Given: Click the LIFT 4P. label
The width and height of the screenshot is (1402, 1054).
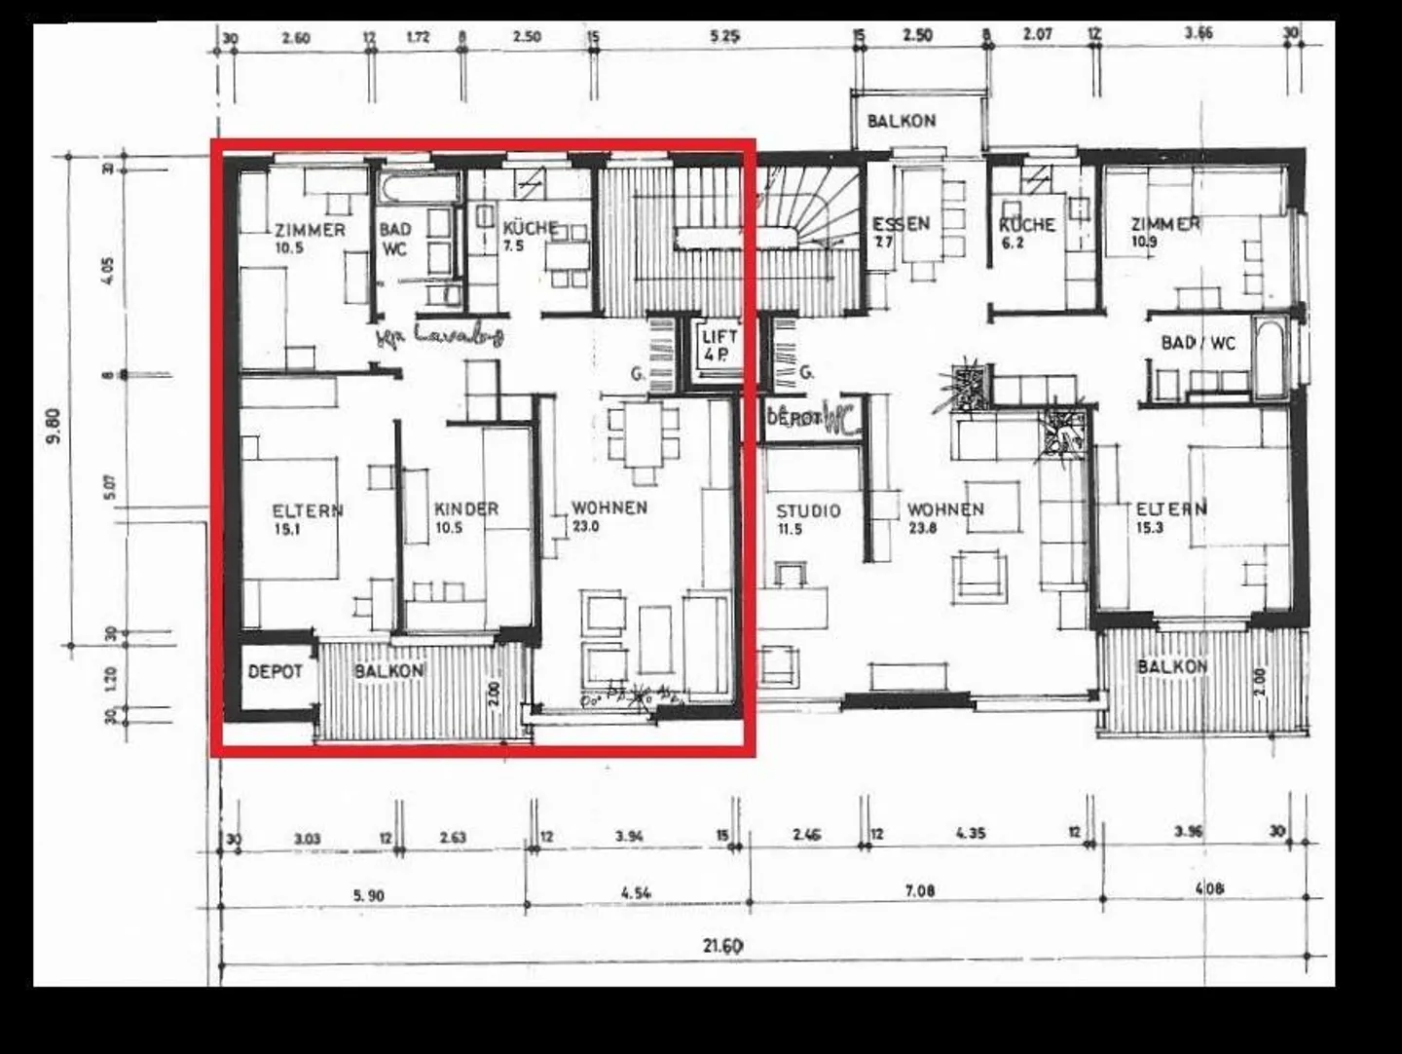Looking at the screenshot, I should [719, 346].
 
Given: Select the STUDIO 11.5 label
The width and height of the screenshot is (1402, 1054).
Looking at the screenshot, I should [808, 518].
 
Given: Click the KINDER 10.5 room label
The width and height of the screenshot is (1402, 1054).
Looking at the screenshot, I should [465, 517].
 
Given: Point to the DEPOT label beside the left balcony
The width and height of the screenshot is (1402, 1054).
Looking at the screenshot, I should [275, 671].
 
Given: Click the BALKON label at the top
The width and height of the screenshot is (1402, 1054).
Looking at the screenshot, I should [901, 121].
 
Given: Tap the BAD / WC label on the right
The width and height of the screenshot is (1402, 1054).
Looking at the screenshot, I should [1198, 343].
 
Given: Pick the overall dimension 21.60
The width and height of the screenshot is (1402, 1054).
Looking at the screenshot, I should [722, 945].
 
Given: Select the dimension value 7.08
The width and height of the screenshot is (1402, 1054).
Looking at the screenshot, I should [919, 890].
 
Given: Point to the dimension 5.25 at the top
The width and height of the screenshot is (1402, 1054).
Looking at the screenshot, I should [724, 37].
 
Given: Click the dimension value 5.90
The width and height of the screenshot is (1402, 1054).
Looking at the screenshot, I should [368, 895].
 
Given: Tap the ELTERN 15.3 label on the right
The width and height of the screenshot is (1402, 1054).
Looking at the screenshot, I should [1170, 517].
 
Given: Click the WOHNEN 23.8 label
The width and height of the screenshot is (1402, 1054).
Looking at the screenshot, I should [944, 517].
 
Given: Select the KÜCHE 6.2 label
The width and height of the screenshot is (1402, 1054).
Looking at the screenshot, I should [1026, 232].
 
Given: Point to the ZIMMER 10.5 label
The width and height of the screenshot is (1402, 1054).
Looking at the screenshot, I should [309, 238].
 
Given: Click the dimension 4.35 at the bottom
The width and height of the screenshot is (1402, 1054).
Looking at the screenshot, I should [970, 834].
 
